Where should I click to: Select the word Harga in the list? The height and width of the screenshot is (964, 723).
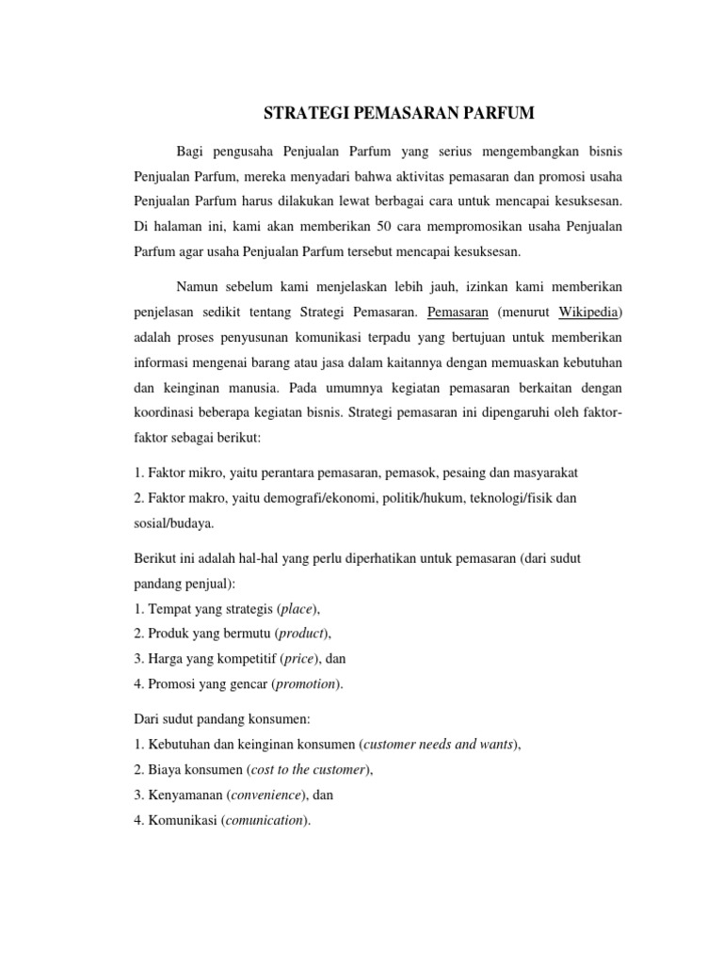(168, 659)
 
